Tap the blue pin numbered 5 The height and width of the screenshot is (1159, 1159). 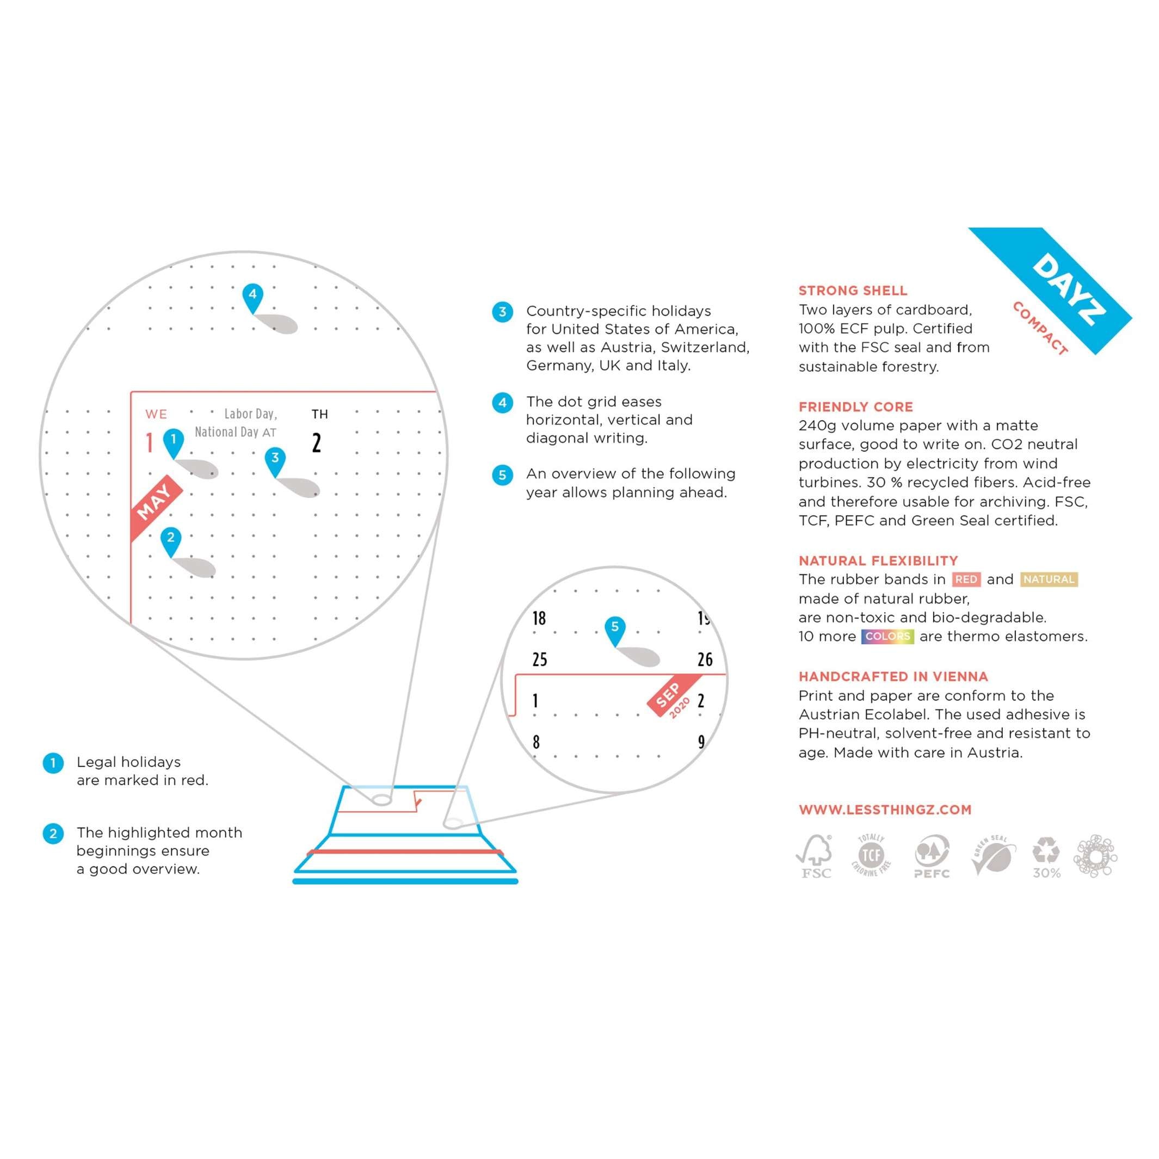pos(614,628)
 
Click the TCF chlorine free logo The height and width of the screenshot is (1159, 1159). pos(871,854)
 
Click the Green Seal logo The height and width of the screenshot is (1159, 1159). pos(994,855)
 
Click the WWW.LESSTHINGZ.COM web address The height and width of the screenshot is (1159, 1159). pos(885,809)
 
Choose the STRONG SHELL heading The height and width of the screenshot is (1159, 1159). pos(853,291)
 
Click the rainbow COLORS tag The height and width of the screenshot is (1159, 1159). pos(887,637)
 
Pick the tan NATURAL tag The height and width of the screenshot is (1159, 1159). pos(1049,579)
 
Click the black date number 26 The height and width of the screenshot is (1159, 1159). pos(705,660)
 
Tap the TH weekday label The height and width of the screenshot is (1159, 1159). pos(320,414)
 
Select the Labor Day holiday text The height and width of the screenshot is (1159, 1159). pos(250,414)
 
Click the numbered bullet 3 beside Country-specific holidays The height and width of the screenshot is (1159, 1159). pos(502,312)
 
